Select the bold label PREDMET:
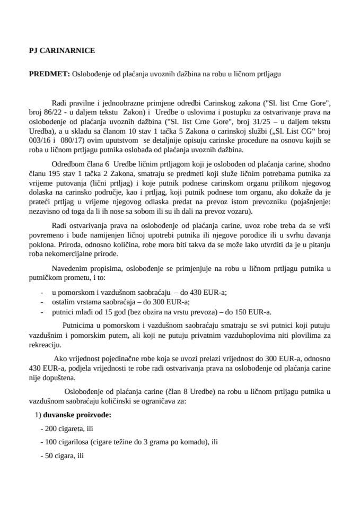pos(49,74)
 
